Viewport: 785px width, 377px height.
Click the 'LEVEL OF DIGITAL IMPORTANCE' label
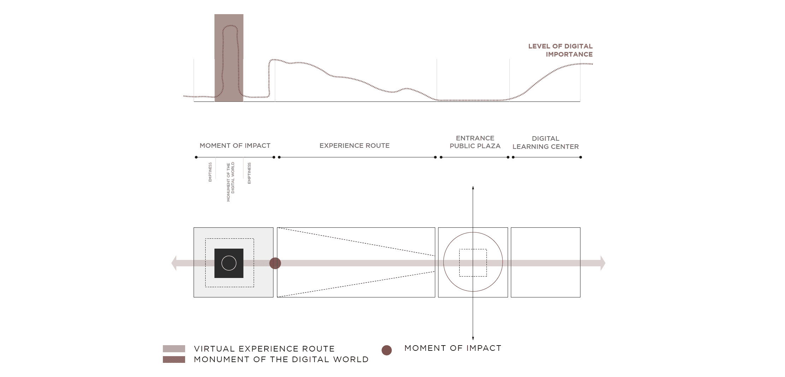560,50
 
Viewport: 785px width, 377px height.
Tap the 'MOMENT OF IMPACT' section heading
235,146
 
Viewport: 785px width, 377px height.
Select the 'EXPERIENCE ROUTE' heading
354,146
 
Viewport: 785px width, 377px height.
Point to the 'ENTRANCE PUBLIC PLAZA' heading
475,142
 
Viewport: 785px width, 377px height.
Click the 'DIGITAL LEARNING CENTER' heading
545,143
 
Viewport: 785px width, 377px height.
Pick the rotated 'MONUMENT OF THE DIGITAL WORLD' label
230,182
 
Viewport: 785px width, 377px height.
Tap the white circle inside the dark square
229,263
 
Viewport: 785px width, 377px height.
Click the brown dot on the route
275,263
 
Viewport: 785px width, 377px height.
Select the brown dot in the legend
387,350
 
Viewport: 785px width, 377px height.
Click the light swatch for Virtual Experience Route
174,349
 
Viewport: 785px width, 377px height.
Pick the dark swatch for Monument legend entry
174,360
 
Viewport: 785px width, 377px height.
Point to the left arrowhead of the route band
174,263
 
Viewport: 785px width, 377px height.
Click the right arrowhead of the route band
603,263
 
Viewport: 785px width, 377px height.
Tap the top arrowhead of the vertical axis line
473,188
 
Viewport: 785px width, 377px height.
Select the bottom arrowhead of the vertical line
473,338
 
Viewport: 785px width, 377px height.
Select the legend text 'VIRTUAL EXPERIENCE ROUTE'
264,349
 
